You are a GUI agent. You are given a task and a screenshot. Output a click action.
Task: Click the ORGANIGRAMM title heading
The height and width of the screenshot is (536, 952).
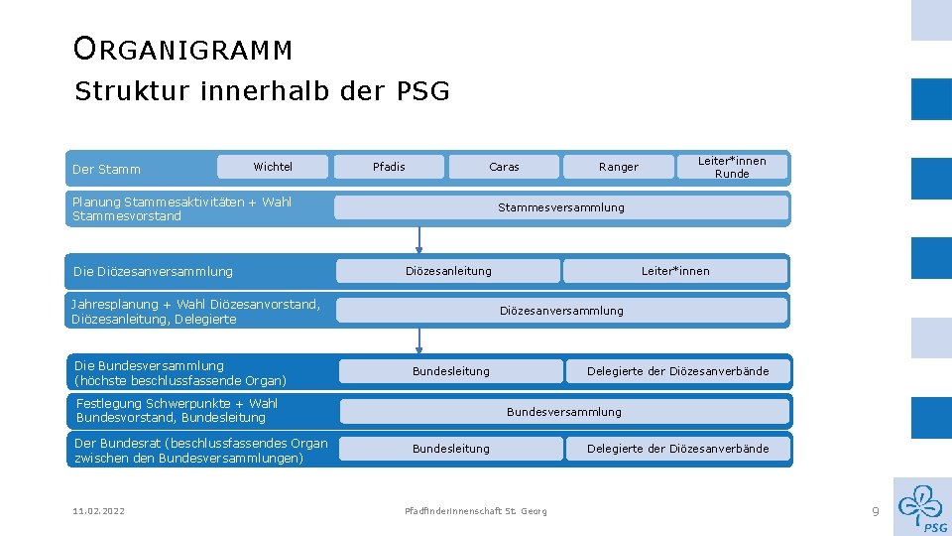182,49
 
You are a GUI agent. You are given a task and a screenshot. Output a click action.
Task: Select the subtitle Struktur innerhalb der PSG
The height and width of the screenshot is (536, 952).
262,92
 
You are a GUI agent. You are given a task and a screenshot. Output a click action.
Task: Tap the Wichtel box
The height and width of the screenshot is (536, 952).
273,167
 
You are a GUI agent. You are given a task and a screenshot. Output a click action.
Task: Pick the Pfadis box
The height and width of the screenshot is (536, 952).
389,167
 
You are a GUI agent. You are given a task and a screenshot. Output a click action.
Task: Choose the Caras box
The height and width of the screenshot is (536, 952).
504,167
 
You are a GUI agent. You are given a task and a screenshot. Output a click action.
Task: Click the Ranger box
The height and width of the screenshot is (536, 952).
619,167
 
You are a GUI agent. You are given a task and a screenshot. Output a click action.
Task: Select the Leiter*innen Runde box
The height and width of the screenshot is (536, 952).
732,167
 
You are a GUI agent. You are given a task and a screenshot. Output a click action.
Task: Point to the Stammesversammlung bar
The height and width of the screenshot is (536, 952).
561,207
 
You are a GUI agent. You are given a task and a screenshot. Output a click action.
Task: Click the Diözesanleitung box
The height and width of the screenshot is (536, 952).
448,271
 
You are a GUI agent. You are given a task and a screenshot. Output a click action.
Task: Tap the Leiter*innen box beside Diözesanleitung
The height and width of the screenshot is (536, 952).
675,271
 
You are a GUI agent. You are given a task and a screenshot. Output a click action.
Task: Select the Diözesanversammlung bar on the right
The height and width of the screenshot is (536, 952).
561,311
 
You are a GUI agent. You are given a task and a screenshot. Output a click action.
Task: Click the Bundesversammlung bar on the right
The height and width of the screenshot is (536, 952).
563,412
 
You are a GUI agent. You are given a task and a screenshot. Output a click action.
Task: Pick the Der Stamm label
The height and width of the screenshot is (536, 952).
107,170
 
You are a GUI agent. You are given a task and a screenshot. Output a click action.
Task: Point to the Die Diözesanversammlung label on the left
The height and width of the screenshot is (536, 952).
154,272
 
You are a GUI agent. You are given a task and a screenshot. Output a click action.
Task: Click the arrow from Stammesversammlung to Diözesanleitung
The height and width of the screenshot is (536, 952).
419,239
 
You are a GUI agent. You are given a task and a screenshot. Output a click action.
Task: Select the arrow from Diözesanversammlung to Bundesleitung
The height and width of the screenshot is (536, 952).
419,340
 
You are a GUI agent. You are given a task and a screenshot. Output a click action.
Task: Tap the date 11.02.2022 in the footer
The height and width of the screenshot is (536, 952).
98,511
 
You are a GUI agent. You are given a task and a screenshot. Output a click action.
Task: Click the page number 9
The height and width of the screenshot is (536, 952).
876,511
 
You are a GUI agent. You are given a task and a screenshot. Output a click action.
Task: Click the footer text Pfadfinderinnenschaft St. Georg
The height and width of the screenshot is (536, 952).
476,511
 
